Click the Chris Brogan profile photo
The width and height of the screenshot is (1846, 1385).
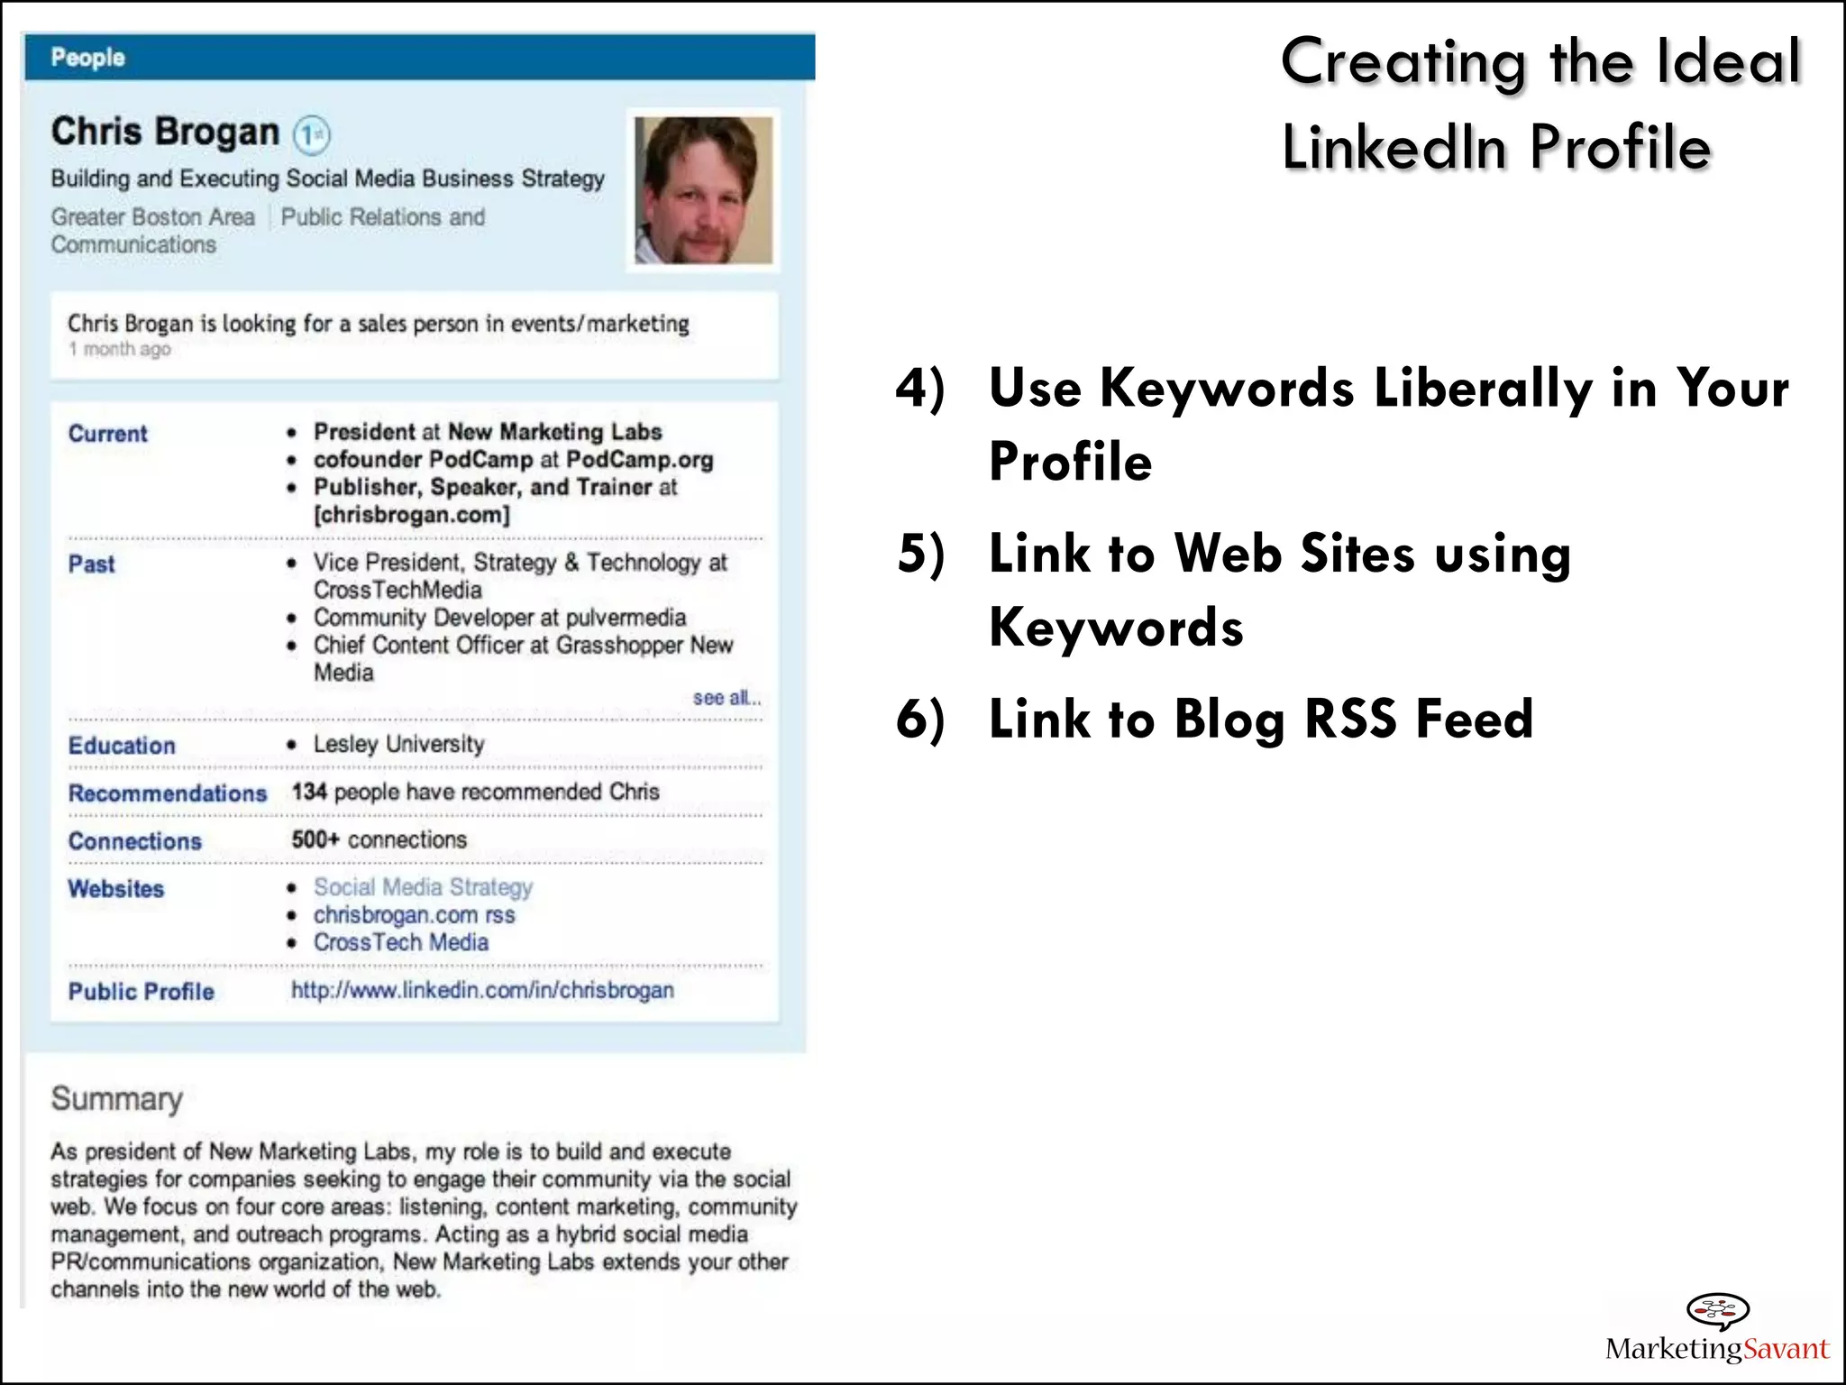(x=703, y=190)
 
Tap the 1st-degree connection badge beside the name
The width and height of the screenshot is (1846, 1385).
(x=312, y=135)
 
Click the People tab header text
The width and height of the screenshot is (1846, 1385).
(x=87, y=58)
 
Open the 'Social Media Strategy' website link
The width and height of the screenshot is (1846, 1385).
(x=423, y=887)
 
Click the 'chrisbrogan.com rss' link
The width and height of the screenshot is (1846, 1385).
(x=414, y=915)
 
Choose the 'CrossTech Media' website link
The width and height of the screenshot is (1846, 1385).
(x=401, y=942)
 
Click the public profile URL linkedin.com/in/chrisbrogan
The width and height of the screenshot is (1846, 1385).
(x=482, y=990)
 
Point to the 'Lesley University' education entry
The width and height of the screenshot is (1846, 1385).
(x=398, y=744)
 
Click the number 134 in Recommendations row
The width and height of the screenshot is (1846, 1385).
(x=308, y=792)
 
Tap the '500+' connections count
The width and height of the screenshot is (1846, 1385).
(x=315, y=839)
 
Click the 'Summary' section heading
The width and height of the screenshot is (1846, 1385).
(x=116, y=1098)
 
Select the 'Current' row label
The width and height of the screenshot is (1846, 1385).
(x=107, y=434)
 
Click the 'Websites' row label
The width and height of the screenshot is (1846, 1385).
(x=116, y=889)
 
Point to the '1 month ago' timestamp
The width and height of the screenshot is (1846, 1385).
(x=119, y=349)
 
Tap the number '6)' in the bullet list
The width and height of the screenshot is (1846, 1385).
(x=920, y=719)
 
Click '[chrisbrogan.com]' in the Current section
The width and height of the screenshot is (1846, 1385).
(x=412, y=515)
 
